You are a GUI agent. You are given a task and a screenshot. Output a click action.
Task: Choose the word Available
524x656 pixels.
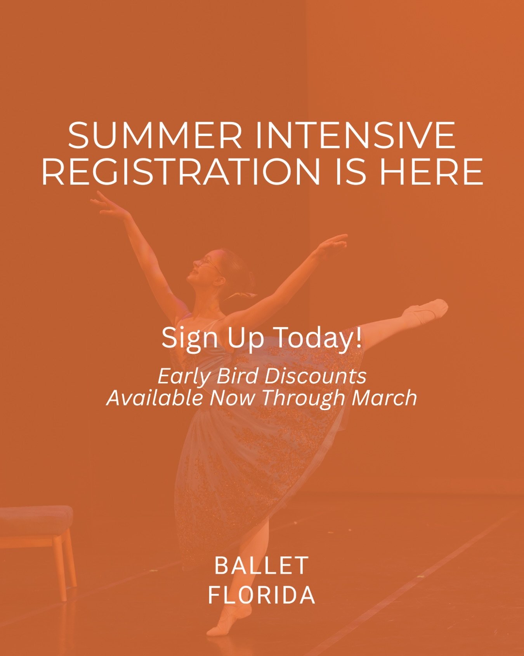pos(154,398)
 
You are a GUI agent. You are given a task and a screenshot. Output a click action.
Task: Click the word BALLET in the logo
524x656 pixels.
pos(262,565)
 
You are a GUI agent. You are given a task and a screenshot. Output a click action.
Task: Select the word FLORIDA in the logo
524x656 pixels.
pos(262,595)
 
